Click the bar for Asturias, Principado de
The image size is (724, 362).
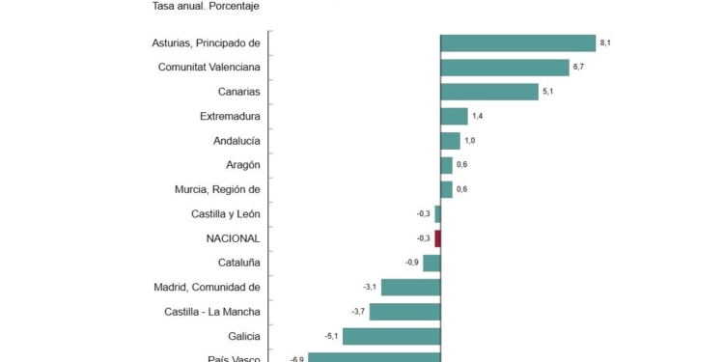coord(517,42)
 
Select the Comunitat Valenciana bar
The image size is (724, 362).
coord(504,68)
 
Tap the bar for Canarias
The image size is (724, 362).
coord(488,92)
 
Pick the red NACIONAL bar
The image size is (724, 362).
coord(437,238)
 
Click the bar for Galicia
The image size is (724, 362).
coord(391,336)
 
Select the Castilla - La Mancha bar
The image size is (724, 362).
coord(404,312)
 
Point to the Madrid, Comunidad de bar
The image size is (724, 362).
coord(410,287)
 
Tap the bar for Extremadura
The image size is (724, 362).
coord(454,116)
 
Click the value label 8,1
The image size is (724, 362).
coord(605,42)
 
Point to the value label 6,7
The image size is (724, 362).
coord(579,68)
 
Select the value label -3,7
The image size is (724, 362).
coord(358,312)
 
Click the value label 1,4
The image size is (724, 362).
coord(478,116)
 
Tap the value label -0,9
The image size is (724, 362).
coord(412,263)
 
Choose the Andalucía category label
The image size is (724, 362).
coord(237,141)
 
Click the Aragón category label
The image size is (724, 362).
coord(242,165)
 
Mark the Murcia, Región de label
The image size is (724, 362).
coord(217,189)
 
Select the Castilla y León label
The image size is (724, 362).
coord(226,213)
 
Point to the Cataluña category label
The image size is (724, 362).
coord(238,263)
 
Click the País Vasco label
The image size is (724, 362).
coord(234,359)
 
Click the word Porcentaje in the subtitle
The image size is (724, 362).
coord(232,6)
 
